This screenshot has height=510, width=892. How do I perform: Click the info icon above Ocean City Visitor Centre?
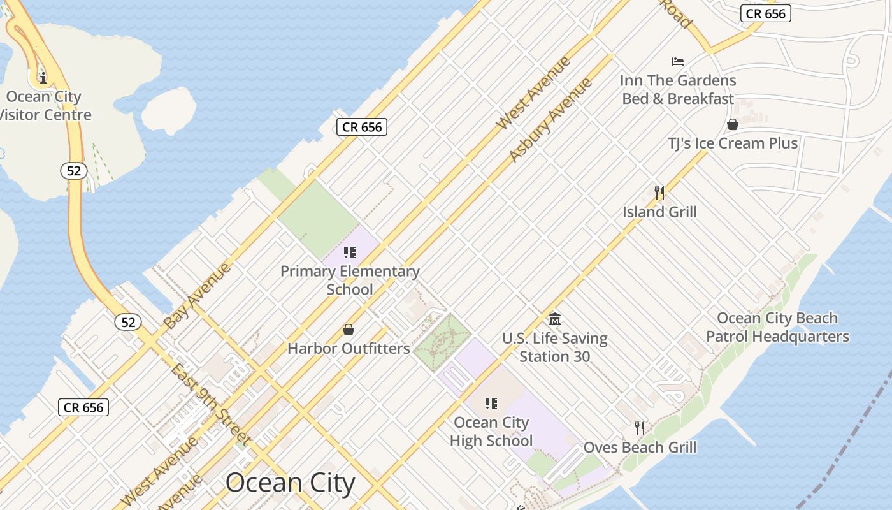coord(43,78)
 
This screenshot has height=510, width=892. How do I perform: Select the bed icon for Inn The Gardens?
coord(678,62)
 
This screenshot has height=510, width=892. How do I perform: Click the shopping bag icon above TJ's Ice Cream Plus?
coord(733,124)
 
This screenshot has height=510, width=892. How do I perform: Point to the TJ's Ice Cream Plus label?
coord(733,143)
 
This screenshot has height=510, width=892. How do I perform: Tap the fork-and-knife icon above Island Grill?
coord(659,193)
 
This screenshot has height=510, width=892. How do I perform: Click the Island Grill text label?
coord(659,212)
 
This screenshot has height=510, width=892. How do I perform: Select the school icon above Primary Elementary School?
coord(349,252)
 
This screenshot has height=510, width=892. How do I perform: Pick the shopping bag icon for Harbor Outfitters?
coord(349,330)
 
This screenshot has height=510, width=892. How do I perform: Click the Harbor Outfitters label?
coord(349,349)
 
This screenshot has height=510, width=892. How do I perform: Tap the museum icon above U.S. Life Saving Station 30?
coord(554,319)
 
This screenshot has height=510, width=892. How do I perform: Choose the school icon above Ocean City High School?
coord(491,404)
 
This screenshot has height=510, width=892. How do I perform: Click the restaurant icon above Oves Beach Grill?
coord(640,428)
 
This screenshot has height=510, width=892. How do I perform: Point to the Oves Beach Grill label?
coord(640,448)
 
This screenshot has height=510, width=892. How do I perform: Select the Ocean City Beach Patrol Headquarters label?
coord(777,327)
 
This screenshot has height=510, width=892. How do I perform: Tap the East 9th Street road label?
coord(210,404)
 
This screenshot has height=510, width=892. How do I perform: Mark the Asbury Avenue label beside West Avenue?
coord(550,120)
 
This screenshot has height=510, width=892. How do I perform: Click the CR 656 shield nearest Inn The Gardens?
coord(765,13)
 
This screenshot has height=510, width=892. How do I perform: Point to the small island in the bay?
coord(168,110)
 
